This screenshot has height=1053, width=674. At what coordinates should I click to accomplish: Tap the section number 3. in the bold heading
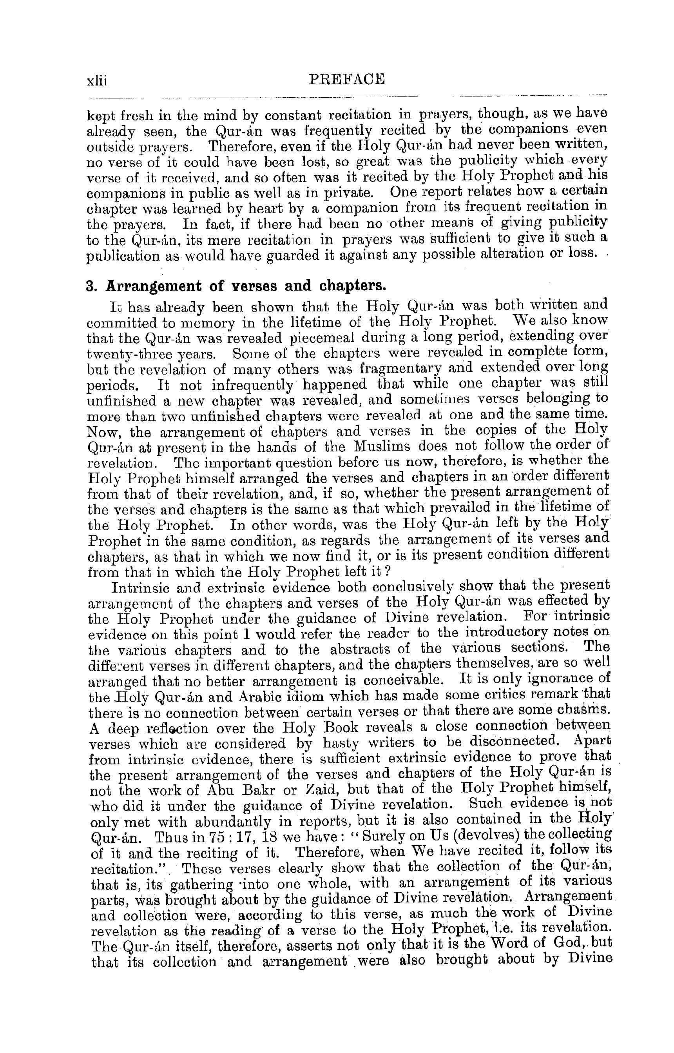pos(91,286)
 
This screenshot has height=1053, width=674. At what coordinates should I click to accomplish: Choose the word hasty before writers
pos(341,742)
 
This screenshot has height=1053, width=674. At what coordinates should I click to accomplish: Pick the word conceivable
pos(408,680)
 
